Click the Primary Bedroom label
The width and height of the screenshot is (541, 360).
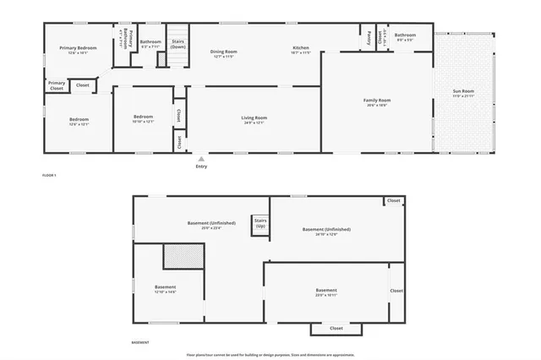78,49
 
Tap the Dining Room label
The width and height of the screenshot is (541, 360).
223,52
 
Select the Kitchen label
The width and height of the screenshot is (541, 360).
301,48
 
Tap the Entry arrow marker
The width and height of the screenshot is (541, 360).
201,158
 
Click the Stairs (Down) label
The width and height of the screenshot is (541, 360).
178,43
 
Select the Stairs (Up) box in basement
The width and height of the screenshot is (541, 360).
260,223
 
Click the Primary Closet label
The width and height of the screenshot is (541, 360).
57,85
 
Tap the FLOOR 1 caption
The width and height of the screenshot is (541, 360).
49,175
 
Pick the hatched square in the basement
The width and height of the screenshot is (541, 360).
183,256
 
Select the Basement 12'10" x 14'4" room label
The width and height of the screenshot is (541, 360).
166,288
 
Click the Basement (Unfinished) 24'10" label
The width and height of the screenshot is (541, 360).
326,230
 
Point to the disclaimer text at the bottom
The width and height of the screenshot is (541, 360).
270,355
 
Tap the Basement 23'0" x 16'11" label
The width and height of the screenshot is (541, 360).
326,291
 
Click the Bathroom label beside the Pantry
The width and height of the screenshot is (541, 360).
405,35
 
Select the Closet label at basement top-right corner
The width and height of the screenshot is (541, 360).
394,200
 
